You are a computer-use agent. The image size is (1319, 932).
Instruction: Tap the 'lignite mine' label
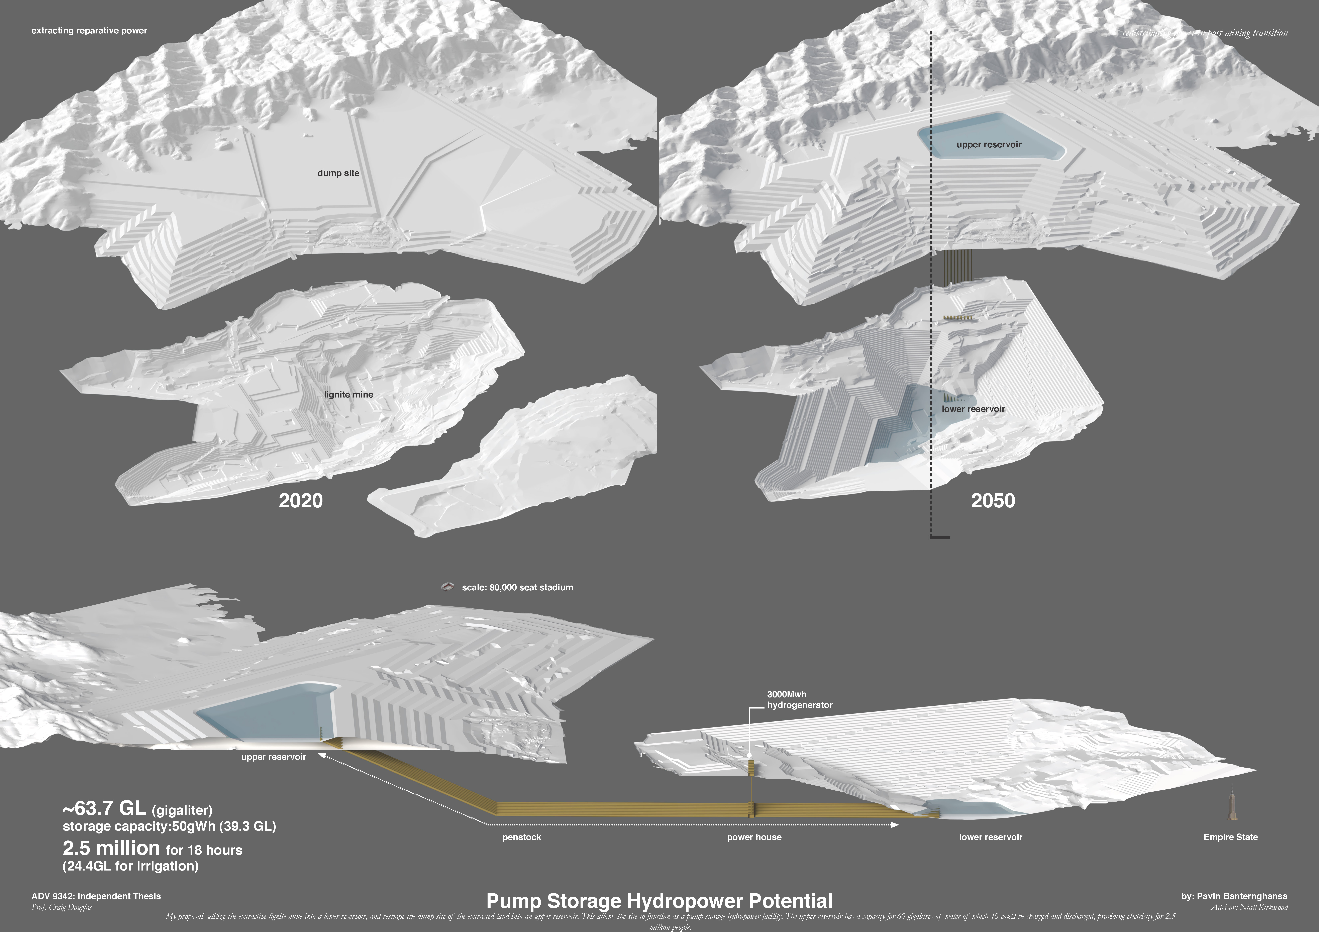(348, 395)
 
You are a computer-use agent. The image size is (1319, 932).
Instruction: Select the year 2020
(300, 501)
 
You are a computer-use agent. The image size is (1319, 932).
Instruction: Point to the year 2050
(993, 501)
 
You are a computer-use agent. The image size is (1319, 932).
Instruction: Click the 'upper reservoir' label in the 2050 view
(989, 145)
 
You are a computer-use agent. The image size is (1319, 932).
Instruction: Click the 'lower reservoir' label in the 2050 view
(973, 409)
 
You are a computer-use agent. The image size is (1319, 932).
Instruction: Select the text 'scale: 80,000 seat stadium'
(517, 587)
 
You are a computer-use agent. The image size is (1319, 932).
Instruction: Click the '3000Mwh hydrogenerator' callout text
(799, 700)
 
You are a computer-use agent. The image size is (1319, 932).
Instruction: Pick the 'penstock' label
(522, 837)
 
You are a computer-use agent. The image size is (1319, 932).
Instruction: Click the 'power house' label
(754, 837)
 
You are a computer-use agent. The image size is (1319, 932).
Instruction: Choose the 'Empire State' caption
(1231, 837)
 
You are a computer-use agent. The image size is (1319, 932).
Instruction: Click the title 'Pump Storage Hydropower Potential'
(659, 900)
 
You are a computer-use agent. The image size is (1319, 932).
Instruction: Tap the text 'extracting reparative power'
(89, 30)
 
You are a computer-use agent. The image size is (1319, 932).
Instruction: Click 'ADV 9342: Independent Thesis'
(96, 896)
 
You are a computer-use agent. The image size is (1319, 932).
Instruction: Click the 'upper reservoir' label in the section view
(274, 757)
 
